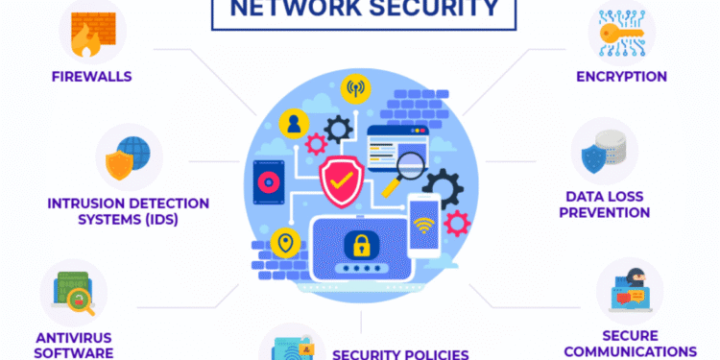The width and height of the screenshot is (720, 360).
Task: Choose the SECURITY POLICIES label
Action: (x=400, y=353)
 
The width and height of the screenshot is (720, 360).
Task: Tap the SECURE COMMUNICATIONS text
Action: (x=629, y=343)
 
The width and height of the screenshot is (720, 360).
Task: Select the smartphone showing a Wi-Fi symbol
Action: (x=424, y=226)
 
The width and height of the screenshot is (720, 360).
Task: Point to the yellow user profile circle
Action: (x=293, y=122)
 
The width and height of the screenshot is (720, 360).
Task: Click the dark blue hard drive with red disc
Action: (x=267, y=182)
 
